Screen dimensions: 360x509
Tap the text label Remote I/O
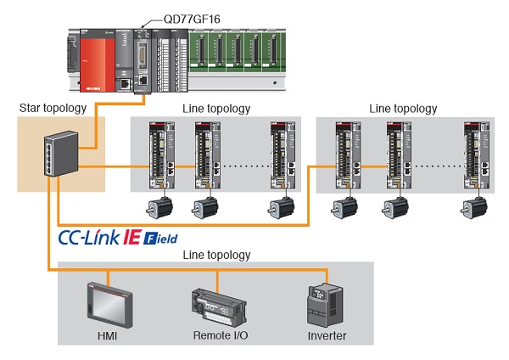point(219,336)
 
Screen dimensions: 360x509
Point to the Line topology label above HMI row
point(215,255)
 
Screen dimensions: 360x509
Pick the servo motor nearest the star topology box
point(158,207)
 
